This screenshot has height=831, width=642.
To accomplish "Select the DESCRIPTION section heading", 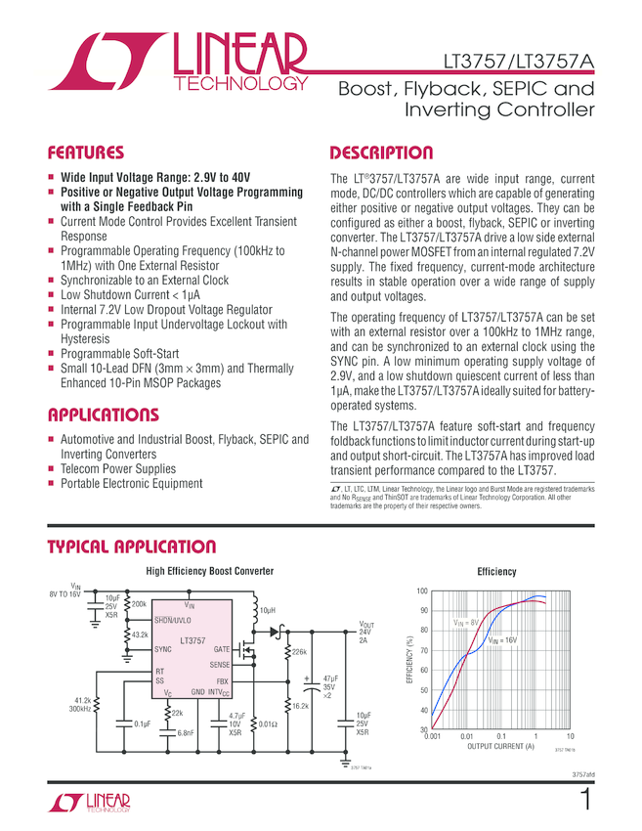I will pyautogui.click(x=381, y=153).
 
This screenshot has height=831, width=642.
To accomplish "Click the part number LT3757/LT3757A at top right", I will pyautogui.click(x=518, y=62).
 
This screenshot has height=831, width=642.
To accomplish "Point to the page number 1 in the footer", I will pyautogui.click(x=584, y=800).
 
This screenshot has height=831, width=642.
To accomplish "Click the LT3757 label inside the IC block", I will pyautogui.click(x=192, y=640).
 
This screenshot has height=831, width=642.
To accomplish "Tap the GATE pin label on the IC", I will pyautogui.click(x=221, y=649).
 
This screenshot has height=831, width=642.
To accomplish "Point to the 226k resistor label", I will pyautogui.click(x=300, y=650).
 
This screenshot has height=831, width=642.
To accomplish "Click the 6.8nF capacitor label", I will pyautogui.click(x=186, y=732).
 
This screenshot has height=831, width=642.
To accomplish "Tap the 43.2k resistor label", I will pyautogui.click(x=141, y=634).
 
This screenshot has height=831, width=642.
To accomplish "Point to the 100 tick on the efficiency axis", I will pyautogui.click(x=421, y=592).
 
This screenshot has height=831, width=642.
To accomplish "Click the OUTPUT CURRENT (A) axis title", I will pyautogui.click(x=500, y=746).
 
